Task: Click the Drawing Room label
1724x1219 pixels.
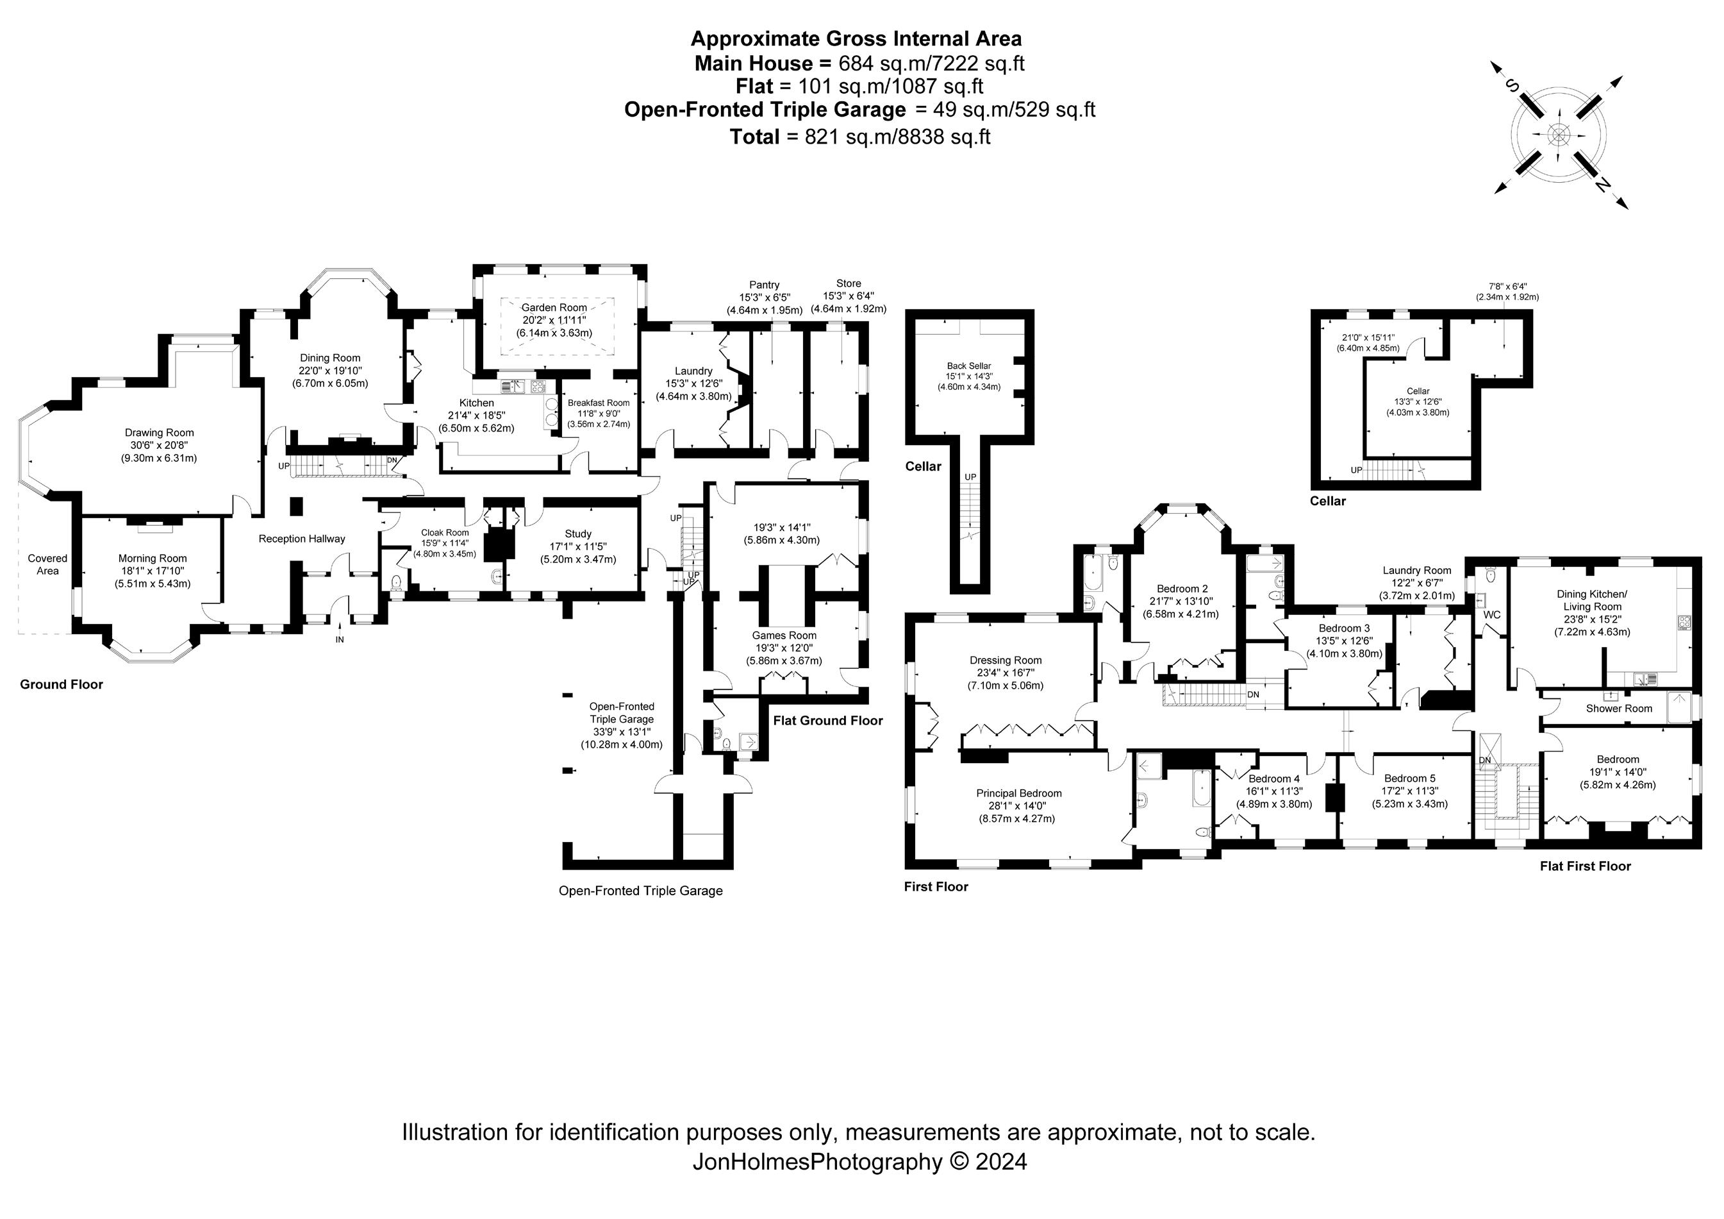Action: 159,433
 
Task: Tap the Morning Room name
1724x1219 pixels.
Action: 153,558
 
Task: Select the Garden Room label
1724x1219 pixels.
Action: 554,307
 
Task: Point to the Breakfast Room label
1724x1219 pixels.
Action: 599,403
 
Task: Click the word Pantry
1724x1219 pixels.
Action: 765,285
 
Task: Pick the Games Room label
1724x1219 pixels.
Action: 784,635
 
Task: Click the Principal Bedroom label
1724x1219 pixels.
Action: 1018,793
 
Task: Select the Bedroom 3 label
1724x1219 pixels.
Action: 1344,628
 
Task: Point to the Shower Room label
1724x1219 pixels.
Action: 1619,709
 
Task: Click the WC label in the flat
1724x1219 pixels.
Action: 1491,614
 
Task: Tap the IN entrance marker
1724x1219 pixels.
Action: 340,639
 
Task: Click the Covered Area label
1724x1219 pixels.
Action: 47,564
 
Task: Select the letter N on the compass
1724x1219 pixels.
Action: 1602,185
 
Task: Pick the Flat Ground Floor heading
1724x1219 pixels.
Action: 827,720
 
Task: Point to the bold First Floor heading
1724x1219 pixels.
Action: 936,886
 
